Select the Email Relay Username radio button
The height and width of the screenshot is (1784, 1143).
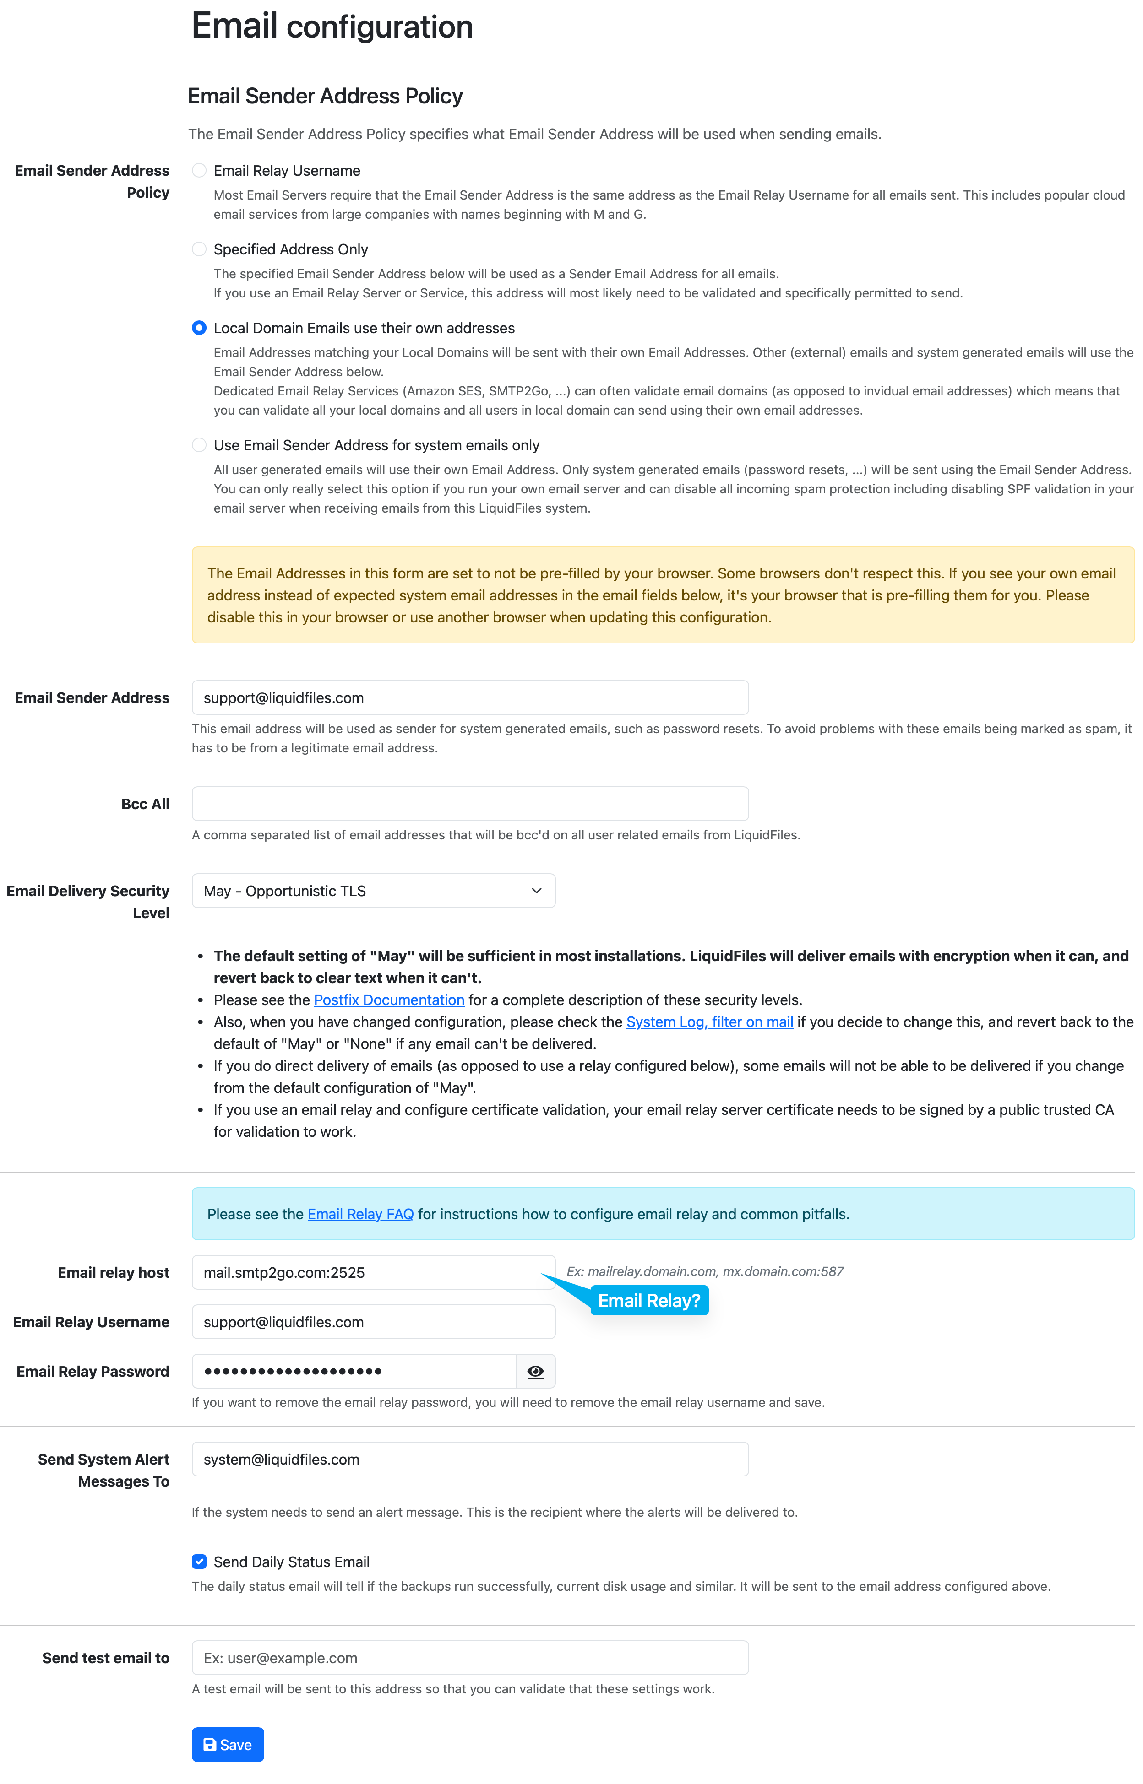(199, 171)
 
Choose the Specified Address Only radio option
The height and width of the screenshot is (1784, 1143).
(199, 249)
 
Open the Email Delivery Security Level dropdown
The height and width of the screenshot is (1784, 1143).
(373, 891)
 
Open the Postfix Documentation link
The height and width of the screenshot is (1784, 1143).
(389, 1000)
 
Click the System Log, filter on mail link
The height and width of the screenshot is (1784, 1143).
(709, 1022)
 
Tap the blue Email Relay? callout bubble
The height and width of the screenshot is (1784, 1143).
(649, 1301)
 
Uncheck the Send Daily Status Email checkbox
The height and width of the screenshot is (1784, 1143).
(199, 1562)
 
